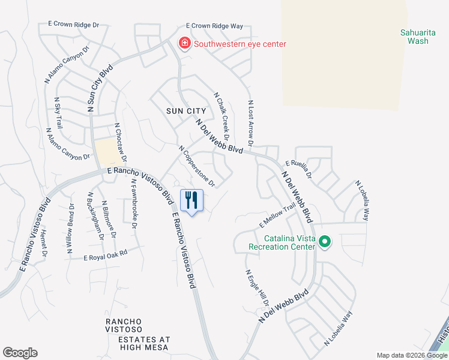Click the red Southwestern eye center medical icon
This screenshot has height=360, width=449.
point(184,44)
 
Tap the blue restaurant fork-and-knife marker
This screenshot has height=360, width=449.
point(191,200)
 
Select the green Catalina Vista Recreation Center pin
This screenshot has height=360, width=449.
point(325,242)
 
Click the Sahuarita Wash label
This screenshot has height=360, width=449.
point(414,37)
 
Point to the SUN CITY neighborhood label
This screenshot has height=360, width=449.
point(187,111)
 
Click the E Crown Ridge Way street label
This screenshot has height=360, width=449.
point(214,26)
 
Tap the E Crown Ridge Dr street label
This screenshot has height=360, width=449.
point(73,25)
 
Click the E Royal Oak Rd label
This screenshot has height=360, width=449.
point(106,256)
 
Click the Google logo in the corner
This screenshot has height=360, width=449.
point(20,353)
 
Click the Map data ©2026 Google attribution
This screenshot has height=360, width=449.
point(411,355)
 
